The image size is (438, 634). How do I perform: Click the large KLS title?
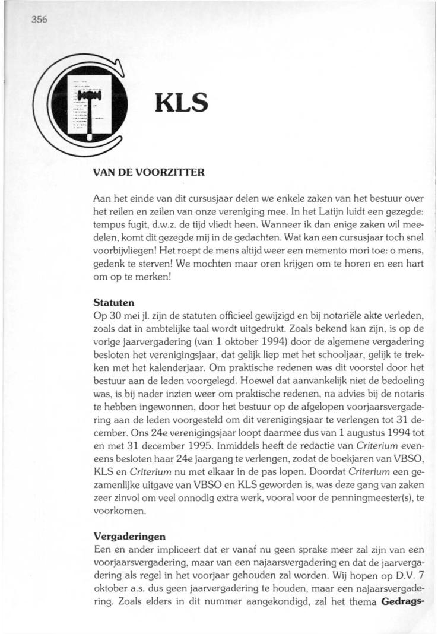[181, 104]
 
